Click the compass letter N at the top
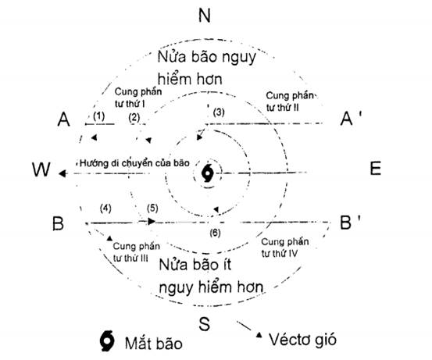click(x=205, y=16)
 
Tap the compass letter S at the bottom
click(x=204, y=323)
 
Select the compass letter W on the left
click(x=41, y=169)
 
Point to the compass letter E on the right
click(x=375, y=169)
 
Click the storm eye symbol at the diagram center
click(x=208, y=173)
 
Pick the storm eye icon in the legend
click(x=107, y=341)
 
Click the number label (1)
click(x=99, y=116)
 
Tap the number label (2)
click(x=134, y=118)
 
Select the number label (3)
click(x=219, y=112)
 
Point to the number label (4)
click(x=105, y=209)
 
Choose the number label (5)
click(x=152, y=208)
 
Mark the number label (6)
click(x=215, y=233)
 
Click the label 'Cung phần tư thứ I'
click(x=137, y=98)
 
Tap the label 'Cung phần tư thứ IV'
click(x=284, y=248)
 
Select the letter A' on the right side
click(x=351, y=119)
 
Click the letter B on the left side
click(x=58, y=223)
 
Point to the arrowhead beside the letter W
click(x=62, y=173)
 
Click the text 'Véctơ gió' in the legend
click(x=302, y=340)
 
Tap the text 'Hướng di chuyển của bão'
click(x=134, y=163)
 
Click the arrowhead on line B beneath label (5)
click(x=152, y=221)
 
